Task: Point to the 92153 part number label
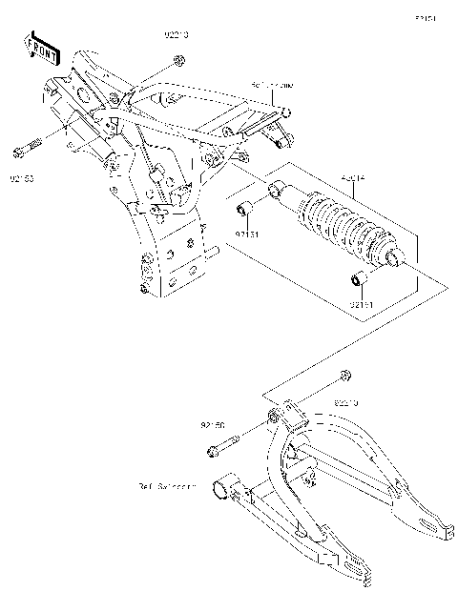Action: tap(23, 177)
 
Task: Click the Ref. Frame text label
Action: tap(272, 85)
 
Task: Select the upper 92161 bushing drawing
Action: tap(244, 208)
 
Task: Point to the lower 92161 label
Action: tap(362, 304)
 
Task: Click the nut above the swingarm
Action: tap(346, 373)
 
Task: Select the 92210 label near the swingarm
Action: tap(345, 404)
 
